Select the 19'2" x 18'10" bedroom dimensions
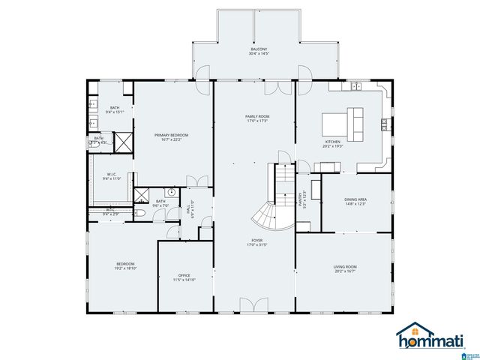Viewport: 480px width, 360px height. pos(125,268)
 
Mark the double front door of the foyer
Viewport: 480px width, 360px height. pos(253,304)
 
